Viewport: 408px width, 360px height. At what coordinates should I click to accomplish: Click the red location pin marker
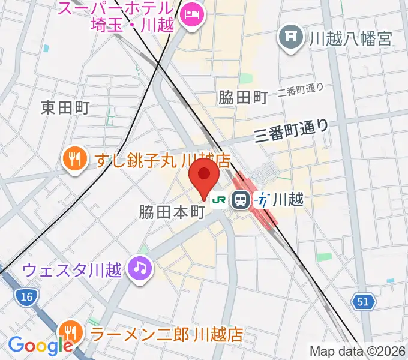pyautogui.click(x=204, y=175)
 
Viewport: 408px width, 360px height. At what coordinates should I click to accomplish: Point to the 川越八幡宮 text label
pyautogui.click(x=350, y=39)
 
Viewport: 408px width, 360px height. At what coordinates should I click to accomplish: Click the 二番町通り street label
pyautogui.click(x=301, y=91)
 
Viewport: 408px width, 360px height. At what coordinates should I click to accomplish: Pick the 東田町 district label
pyautogui.click(x=65, y=107)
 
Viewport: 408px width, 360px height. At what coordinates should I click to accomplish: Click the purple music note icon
pyautogui.click(x=140, y=268)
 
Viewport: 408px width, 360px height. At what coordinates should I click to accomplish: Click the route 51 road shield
pyautogui.click(x=364, y=302)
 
